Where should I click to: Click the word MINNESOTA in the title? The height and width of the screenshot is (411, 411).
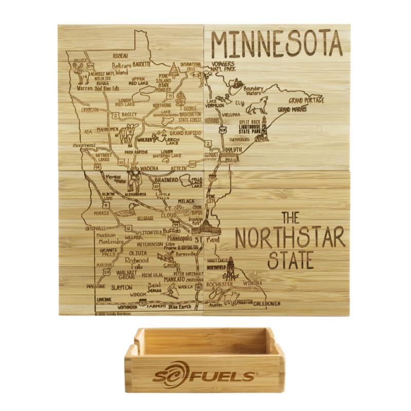[x=276, y=44]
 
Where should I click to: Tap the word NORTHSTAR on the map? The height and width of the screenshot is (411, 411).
[x=290, y=237]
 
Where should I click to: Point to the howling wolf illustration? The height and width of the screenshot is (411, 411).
[x=256, y=105]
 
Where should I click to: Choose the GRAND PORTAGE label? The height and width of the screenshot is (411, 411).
[x=306, y=100]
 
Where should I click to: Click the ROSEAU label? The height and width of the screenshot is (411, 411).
[x=121, y=55]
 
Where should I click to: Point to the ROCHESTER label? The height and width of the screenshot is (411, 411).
[x=219, y=284]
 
